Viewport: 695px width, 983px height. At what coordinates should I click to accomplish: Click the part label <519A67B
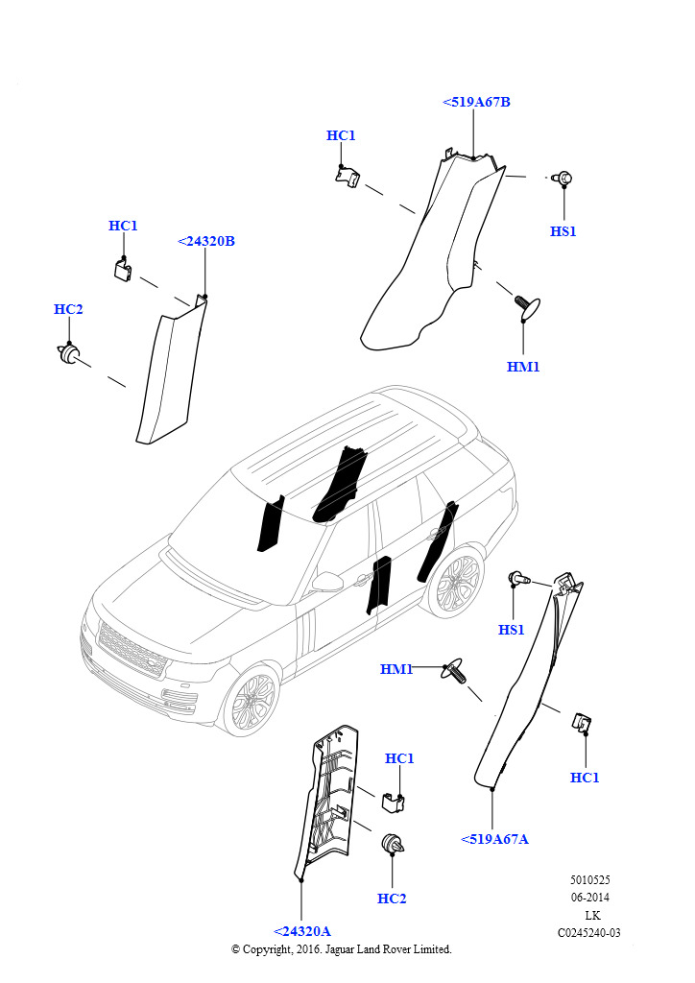pyautogui.click(x=476, y=102)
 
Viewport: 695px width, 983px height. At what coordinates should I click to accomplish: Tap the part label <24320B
pyautogui.click(x=206, y=241)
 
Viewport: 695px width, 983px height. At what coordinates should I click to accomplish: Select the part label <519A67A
pyautogui.click(x=494, y=839)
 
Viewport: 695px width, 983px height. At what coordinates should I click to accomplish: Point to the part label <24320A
pyautogui.click(x=302, y=931)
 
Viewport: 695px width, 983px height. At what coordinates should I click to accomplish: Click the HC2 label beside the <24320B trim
pyautogui.click(x=68, y=309)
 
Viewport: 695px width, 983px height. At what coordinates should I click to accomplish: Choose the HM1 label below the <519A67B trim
pyautogui.click(x=523, y=367)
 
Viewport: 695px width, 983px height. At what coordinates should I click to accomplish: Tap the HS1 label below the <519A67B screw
pyautogui.click(x=563, y=231)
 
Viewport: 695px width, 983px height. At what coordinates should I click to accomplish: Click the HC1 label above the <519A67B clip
pyautogui.click(x=341, y=135)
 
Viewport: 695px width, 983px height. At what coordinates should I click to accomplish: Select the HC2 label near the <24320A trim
pyautogui.click(x=392, y=899)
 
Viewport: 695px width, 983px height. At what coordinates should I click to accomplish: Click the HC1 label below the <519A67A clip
pyautogui.click(x=585, y=778)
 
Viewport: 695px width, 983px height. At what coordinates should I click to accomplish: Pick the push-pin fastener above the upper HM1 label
pyautogui.click(x=526, y=305)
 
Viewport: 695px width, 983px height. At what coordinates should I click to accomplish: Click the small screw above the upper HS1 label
pyautogui.click(x=563, y=178)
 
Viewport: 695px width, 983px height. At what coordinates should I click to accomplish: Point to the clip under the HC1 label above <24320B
pyautogui.click(x=123, y=269)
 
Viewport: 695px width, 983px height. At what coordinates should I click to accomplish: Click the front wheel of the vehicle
pyautogui.click(x=252, y=701)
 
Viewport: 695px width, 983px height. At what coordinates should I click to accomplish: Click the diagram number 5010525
pyautogui.click(x=589, y=879)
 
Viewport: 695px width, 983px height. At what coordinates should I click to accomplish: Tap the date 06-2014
pyautogui.click(x=590, y=898)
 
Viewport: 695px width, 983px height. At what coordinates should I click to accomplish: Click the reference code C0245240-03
pyautogui.click(x=589, y=932)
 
